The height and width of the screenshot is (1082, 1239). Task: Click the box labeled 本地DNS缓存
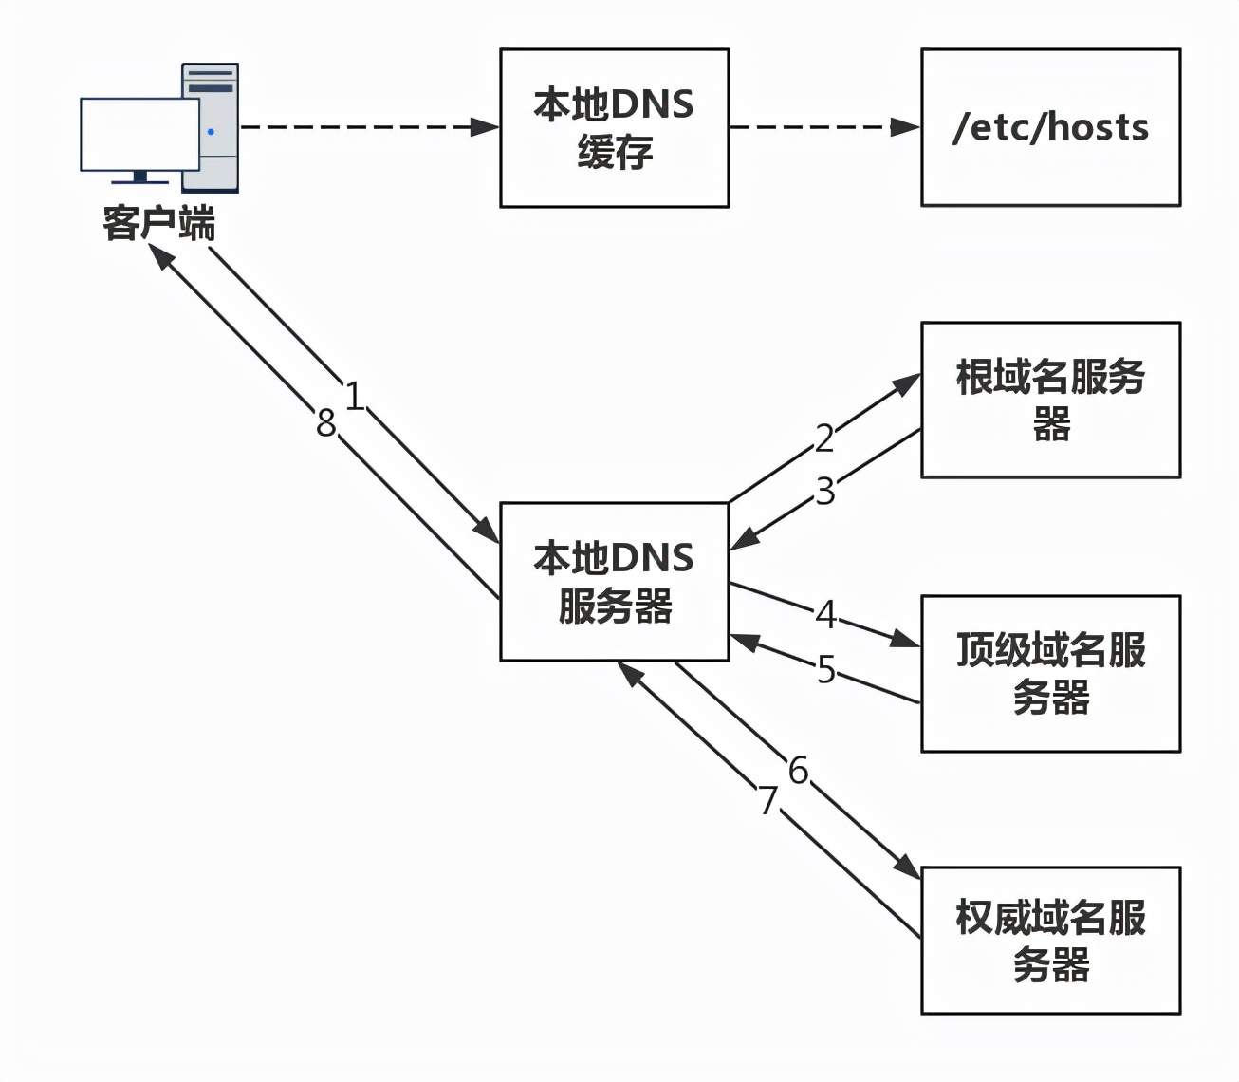[614, 128]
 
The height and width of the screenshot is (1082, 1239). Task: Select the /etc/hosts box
[1050, 127]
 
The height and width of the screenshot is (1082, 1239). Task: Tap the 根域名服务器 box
[1050, 400]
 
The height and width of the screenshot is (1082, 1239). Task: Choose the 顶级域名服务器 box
[1050, 674]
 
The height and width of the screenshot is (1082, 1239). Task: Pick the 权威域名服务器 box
[1050, 941]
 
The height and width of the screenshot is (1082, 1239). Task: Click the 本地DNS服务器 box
[614, 582]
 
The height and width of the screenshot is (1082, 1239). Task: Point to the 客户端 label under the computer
[158, 223]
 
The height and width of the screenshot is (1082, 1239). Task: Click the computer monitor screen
[139, 134]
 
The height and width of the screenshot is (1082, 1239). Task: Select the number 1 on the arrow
[354, 396]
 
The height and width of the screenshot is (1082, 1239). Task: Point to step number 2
[824, 438]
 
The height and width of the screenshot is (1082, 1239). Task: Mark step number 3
[824, 491]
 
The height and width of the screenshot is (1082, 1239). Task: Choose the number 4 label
[826, 614]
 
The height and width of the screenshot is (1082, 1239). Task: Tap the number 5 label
[826, 669]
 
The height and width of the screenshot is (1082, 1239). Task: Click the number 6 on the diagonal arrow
[798, 770]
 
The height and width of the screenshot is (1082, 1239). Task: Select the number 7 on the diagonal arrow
[767, 800]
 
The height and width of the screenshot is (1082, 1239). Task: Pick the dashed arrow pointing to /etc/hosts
[823, 127]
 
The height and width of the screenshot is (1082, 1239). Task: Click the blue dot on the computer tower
[211, 132]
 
